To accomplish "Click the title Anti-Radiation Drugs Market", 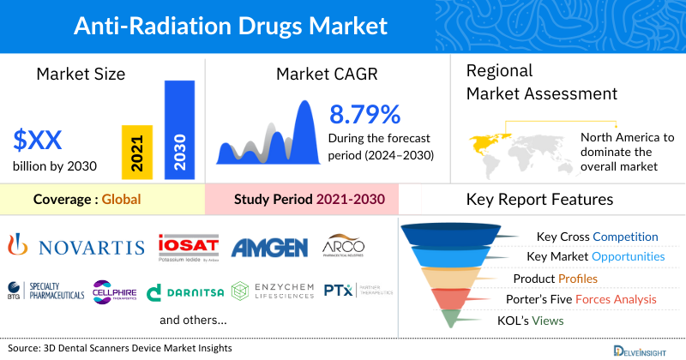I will (x=231, y=26).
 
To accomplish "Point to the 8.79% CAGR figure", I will (x=364, y=114).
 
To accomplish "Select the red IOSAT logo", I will (x=189, y=247).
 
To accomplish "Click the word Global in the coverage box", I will (x=121, y=200).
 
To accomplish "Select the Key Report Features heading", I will (x=539, y=200).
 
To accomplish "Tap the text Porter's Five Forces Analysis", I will (x=584, y=299).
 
